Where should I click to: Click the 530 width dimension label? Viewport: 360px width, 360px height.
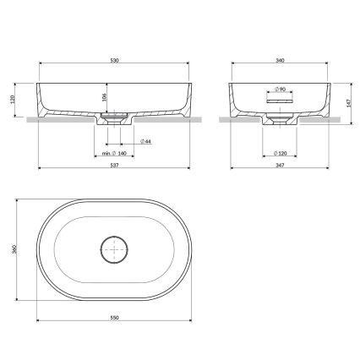click(x=113, y=61)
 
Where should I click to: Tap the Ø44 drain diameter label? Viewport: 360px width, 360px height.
click(x=145, y=140)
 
